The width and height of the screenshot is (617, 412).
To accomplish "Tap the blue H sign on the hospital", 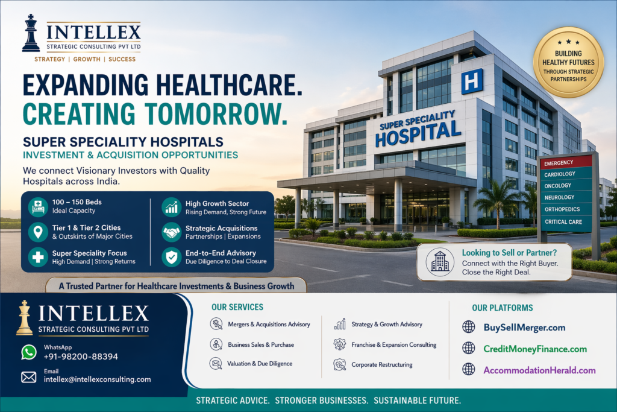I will click(x=472, y=81).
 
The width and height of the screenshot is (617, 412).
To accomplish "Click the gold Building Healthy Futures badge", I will click(x=568, y=62).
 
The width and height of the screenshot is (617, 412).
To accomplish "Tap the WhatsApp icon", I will click(x=28, y=352).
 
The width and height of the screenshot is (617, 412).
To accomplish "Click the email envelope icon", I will click(x=28, y=377).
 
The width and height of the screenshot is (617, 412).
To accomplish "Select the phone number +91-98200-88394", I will click(x=81, y=357).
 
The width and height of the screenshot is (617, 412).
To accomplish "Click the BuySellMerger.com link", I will click(x=524, y=328).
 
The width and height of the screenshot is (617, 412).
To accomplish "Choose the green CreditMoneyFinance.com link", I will click(x=534, y=349).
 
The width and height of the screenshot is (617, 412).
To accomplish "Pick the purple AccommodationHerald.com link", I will click(x=539, y=370).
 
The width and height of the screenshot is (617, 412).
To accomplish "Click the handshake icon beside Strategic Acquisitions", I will click(x=171, y=232).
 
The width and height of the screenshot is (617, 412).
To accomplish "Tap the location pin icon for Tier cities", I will click(x=38, y=232).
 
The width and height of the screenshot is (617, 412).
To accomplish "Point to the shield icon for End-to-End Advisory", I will click(x=171, y=257).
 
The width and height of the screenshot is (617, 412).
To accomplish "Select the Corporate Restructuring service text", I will click(x=381, y=364).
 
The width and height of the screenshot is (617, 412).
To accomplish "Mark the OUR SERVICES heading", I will click(x=237, y=308).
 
